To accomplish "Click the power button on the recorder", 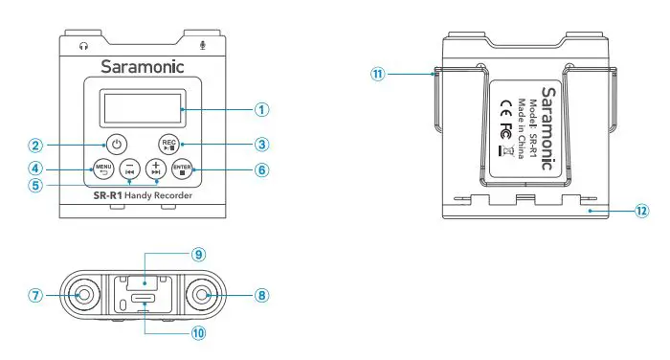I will tap(116, 145).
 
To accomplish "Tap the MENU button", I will tap(102, 170).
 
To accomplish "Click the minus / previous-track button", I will tap(128, 169).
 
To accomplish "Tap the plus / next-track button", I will tap(156, 169).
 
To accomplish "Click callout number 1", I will tap(260, 109).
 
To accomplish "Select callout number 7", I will tap(35, 295).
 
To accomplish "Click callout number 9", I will tap(198, 255).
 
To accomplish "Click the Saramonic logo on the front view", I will tap(144, 68).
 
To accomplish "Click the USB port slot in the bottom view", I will tap(144, 299).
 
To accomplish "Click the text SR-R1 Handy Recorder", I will tap(143, 195).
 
